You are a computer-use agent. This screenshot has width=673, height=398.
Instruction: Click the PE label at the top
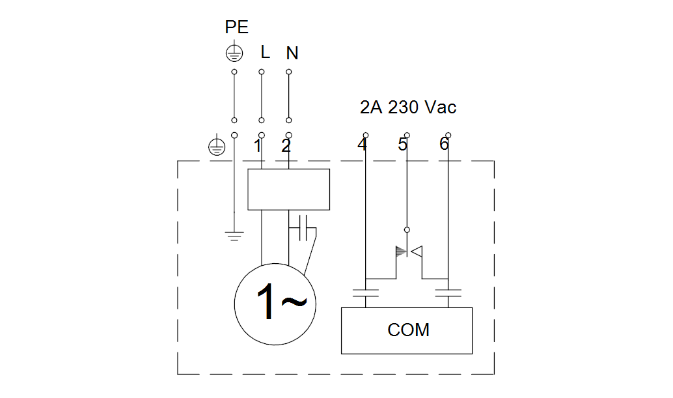coord(236,27)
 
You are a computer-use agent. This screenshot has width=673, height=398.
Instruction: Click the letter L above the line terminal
coord(266,52)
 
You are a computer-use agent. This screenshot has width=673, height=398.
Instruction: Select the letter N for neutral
coord(292,53)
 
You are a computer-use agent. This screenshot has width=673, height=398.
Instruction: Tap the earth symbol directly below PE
coord(234,53)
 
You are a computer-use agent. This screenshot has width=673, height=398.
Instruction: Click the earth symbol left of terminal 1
coord(217,147)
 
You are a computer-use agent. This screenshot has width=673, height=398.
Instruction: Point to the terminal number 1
coord(258,146)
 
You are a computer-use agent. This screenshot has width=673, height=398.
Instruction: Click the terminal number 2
coord(286,146)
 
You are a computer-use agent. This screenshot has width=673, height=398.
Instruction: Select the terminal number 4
coord(363,144)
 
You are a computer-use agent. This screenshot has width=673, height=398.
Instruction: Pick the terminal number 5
coord(402,144)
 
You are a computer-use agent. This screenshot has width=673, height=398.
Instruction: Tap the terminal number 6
coord(445,144)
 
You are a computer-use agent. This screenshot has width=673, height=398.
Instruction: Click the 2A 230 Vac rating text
coord(407,107)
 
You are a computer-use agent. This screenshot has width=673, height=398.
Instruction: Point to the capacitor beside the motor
coord(303,228)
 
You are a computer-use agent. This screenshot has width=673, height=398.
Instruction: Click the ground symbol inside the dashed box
coord(234,236)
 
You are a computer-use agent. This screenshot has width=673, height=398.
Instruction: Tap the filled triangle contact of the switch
coord(400,251)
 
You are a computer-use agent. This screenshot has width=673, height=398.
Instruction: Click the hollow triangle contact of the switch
coord(417,251)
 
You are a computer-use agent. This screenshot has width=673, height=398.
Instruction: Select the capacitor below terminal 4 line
coord(366,293)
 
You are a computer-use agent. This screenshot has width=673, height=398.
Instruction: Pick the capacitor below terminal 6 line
coord(448,293)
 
